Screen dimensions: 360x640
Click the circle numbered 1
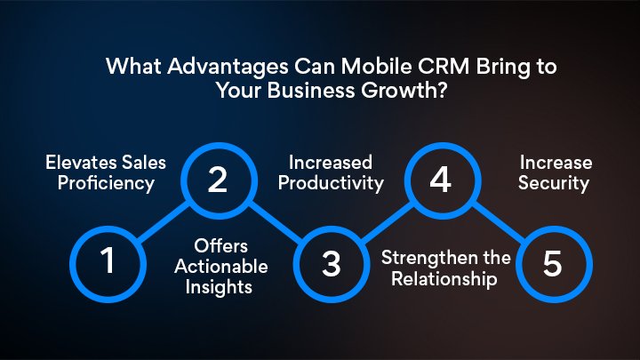point(108,263)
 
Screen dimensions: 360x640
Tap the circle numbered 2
point(218,180)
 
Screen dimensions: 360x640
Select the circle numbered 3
point(330,263)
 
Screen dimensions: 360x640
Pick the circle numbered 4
point(440,180)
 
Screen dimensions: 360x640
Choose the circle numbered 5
point(551,263)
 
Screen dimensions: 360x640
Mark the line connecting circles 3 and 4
point(385,222)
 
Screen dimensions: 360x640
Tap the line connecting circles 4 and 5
point(496,222)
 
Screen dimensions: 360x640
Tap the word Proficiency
point(101,184)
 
